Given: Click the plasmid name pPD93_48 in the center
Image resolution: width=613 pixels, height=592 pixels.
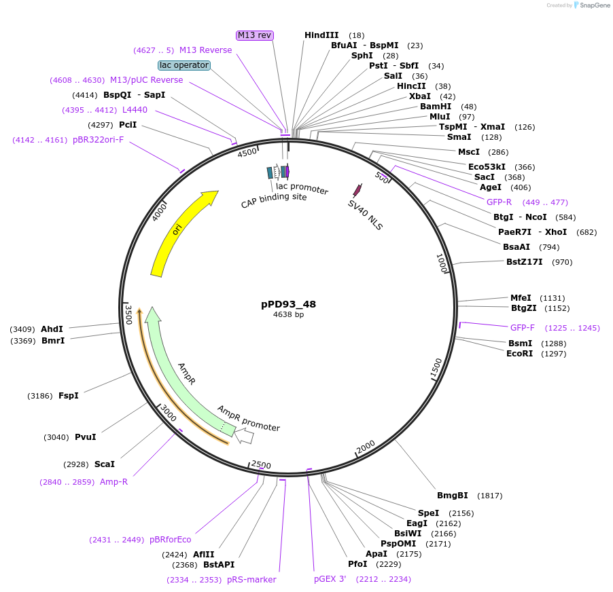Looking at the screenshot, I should (288, 304).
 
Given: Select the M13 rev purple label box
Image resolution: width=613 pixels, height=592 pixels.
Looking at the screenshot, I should (255, 35).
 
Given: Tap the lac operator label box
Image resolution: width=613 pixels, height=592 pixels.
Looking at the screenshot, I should (183, 65).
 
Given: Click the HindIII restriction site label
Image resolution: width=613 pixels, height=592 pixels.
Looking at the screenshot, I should (321, 35).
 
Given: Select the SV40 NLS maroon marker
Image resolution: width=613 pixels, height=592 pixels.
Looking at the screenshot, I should (355, 190).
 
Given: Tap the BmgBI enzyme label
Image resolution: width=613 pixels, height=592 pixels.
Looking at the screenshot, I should (453, 496).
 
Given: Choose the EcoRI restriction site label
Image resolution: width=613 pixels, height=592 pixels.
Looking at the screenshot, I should (520, 354).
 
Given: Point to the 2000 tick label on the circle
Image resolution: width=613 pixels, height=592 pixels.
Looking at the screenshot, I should (366, 446).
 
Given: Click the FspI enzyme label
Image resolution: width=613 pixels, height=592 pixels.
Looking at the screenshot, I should (69, 396).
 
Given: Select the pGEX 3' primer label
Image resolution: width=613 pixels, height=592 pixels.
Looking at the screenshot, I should (330, 579).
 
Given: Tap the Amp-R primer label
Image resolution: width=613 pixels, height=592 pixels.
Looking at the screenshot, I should (113, 482).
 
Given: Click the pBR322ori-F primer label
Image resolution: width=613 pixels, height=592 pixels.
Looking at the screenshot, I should (99, 140).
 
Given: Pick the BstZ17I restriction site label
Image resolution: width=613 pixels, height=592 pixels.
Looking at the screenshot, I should (525, 262).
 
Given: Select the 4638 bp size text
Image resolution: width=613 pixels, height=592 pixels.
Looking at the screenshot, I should (288, 314).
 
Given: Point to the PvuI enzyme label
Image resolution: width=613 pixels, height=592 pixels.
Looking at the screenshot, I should (85, 437).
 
